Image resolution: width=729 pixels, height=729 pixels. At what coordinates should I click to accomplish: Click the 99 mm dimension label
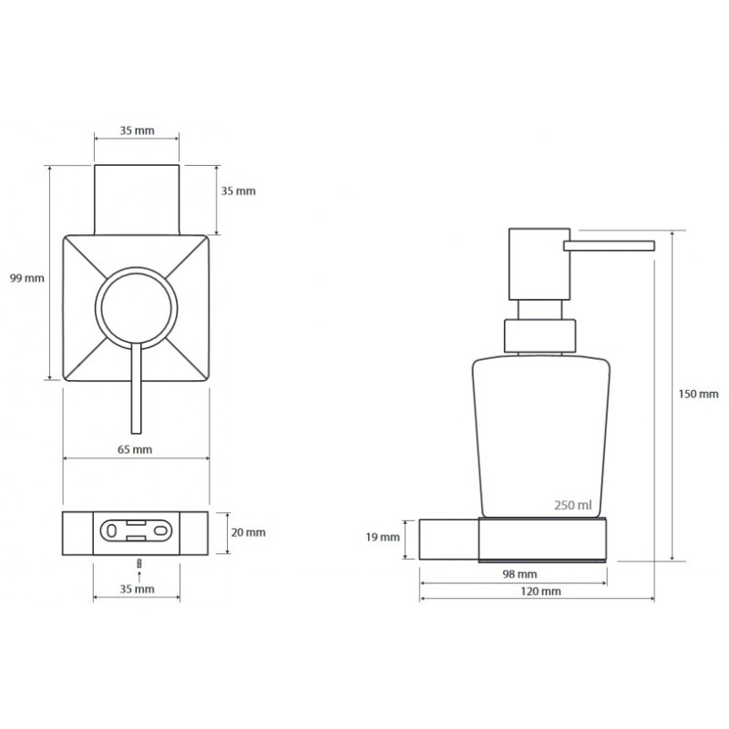tap(27, 278)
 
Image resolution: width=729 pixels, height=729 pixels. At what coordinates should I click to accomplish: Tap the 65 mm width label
tap(135, 449)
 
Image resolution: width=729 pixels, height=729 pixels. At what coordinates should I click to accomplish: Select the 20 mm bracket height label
tap(248, 532)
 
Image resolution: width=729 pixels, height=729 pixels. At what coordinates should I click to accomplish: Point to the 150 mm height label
tap(698, 395)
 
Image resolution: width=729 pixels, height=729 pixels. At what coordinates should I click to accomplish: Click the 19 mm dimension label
tap(383, 538)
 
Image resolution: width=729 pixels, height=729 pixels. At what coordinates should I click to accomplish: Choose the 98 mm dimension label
tap(519, 574)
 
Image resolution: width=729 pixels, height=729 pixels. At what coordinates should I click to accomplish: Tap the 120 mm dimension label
tap(540, 591)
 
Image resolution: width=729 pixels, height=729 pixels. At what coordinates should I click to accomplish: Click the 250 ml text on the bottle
tap(573, 505)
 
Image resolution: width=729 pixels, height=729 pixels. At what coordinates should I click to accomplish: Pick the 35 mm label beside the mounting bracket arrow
tap(138, 589)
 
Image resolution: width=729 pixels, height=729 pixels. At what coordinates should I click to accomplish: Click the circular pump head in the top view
tap(136, 308)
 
